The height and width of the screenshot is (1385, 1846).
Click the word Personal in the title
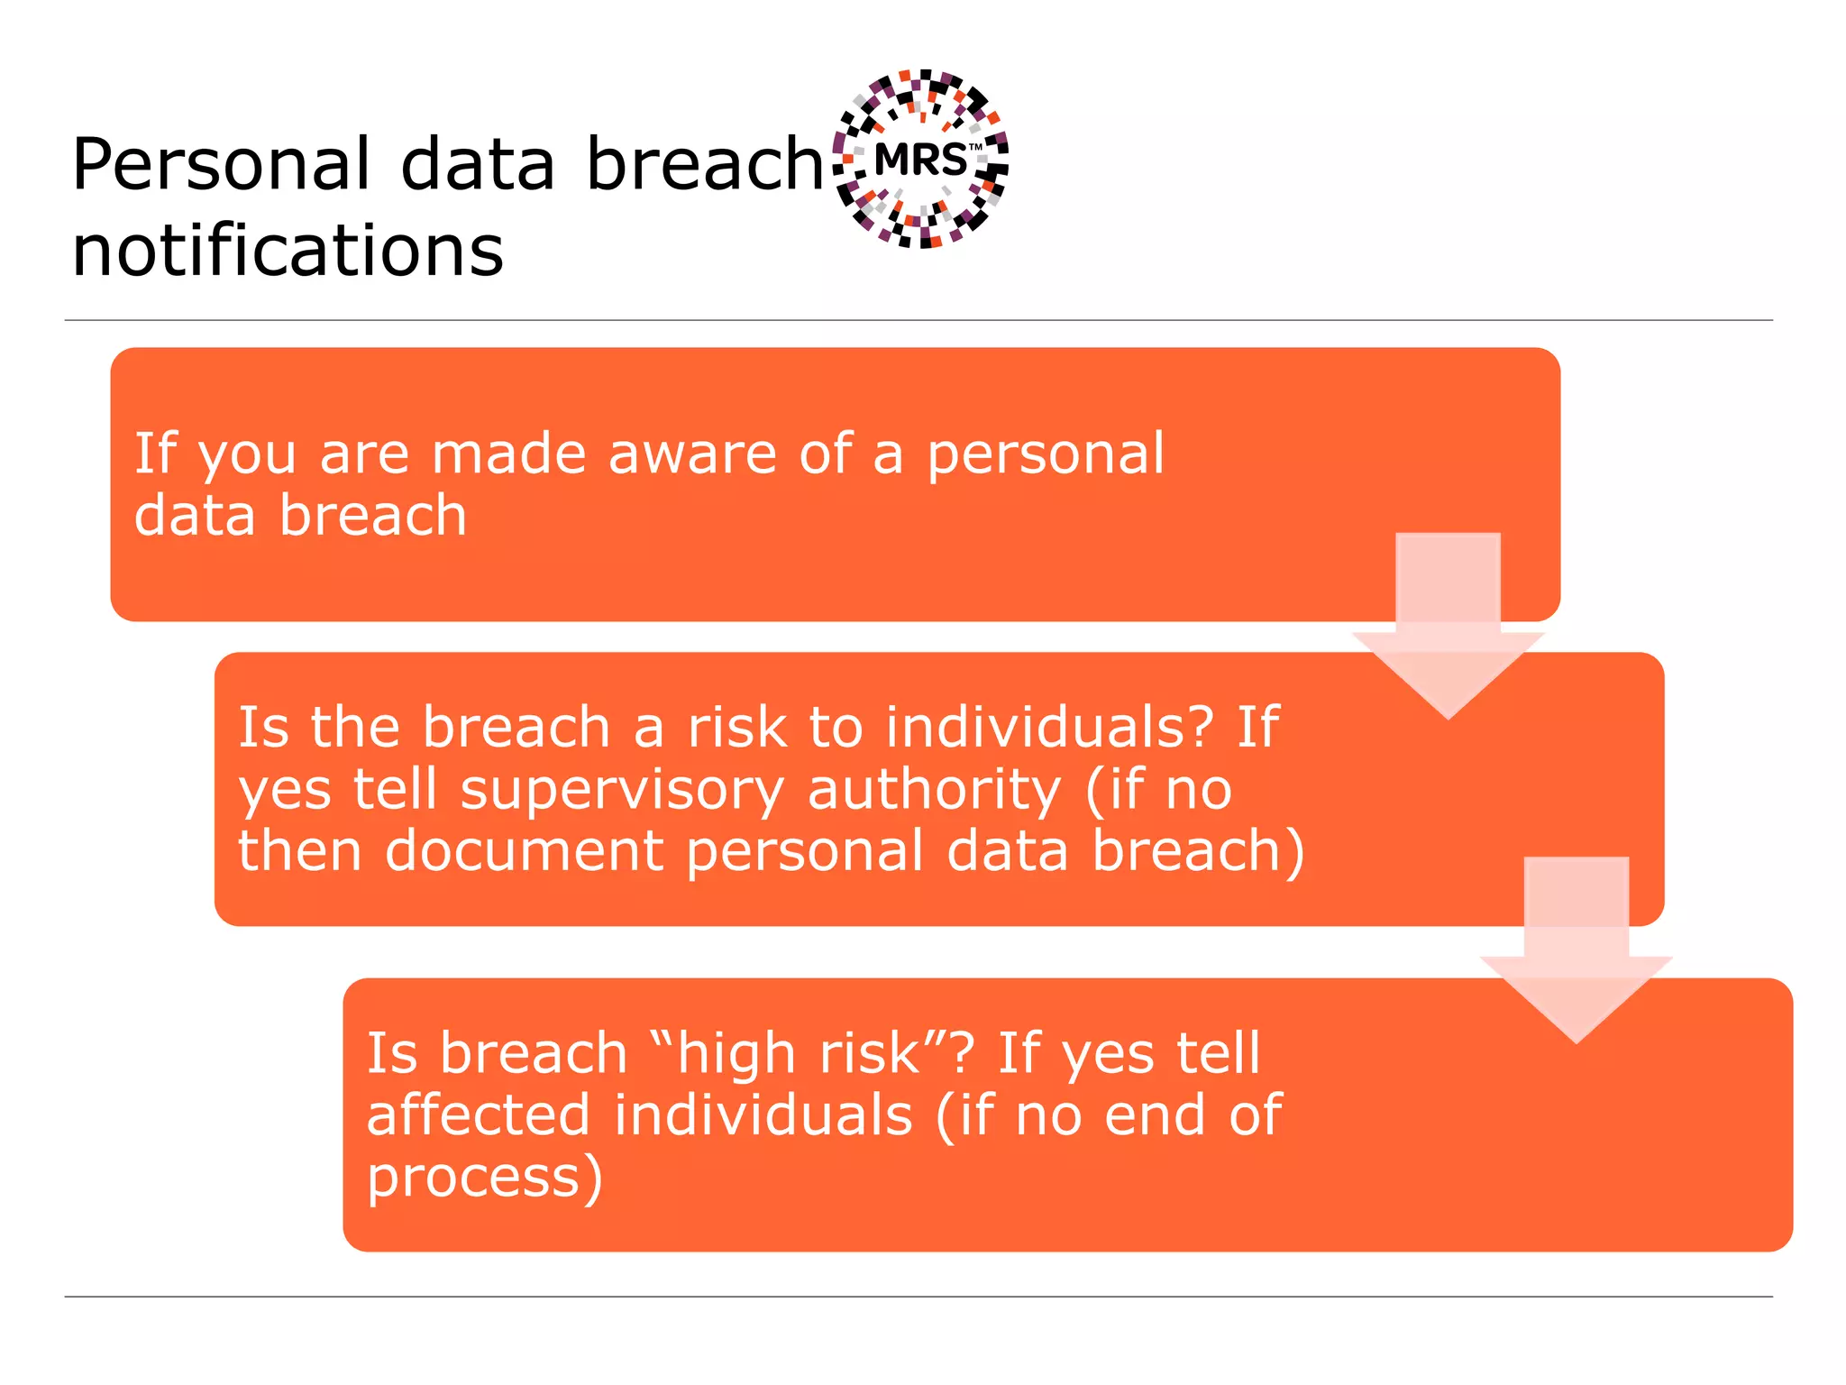click(221, 164)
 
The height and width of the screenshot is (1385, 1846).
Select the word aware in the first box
click(692, 454)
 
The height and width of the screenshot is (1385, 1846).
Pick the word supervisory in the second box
click(622, 790)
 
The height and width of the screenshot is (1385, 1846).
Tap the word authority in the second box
click(935, 790)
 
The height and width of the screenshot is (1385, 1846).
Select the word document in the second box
click(525, 851)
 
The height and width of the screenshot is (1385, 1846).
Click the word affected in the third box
click(479, 1115)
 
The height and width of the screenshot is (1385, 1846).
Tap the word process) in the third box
click(484, 1178)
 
